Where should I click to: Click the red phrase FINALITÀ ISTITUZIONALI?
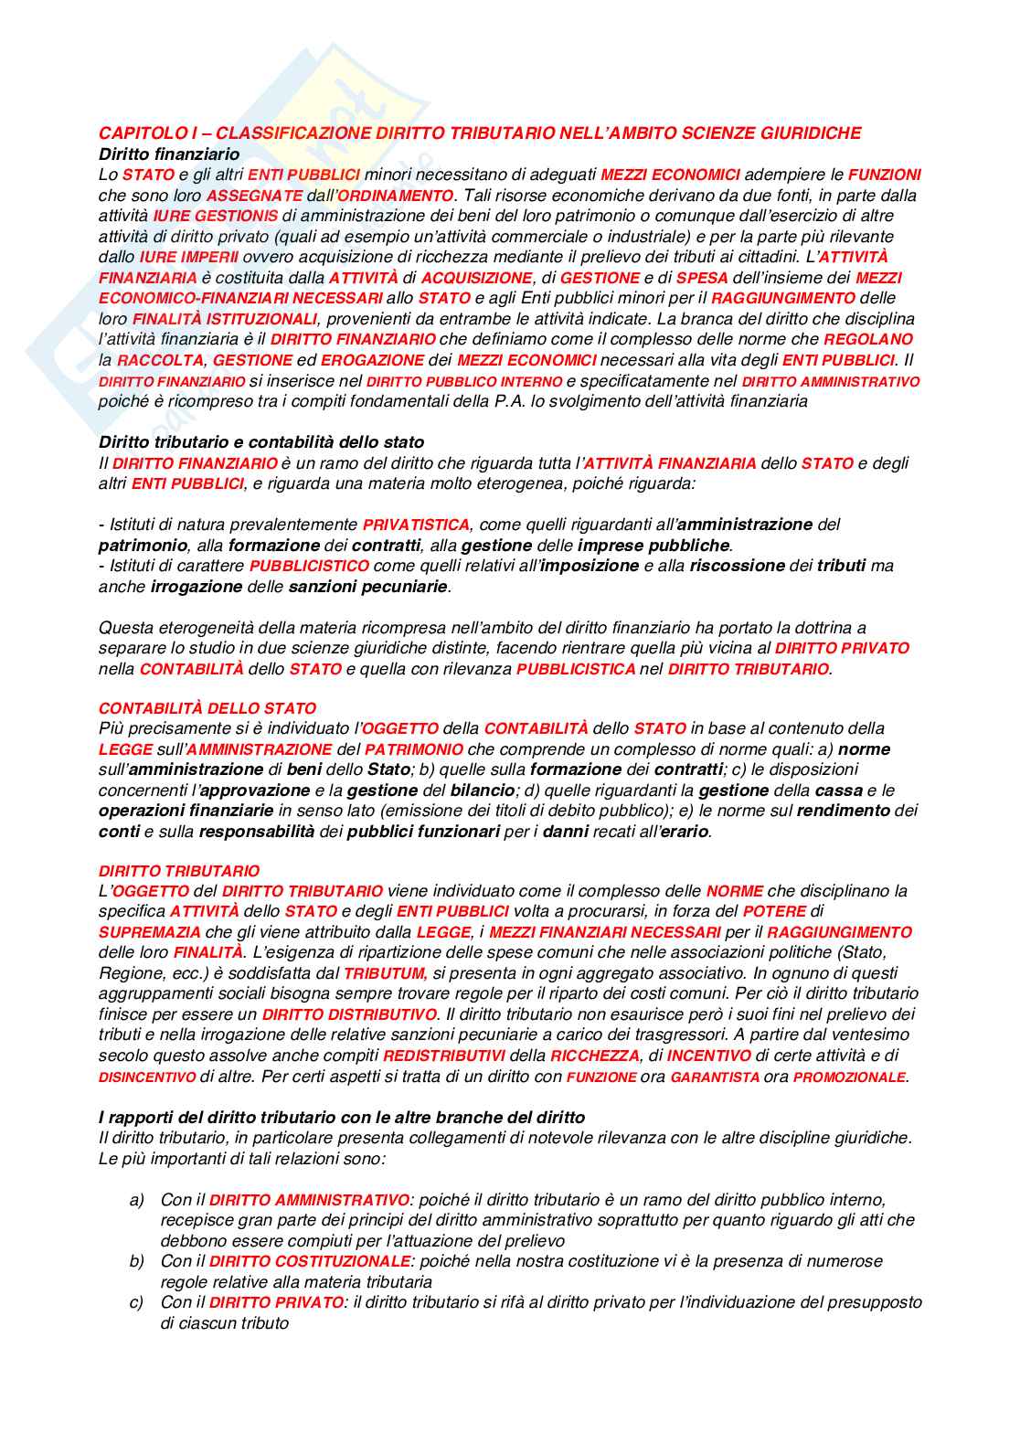click(x=225, y=319)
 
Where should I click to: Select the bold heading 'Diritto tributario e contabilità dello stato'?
click(x=261, y=442)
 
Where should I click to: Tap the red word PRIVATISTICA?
click(x=416, y=525)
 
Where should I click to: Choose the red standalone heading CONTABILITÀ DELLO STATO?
click(x=207, y=708)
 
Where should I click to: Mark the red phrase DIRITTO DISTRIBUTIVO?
click(x=349, y=1014)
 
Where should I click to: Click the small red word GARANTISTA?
click(x=715, y=1077)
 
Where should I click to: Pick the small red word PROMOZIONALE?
click(x=849, y=1077)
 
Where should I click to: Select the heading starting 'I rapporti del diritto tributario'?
click(x=342, y=1117)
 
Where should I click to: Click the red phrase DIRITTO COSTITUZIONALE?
click(x=309, y=1261)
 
